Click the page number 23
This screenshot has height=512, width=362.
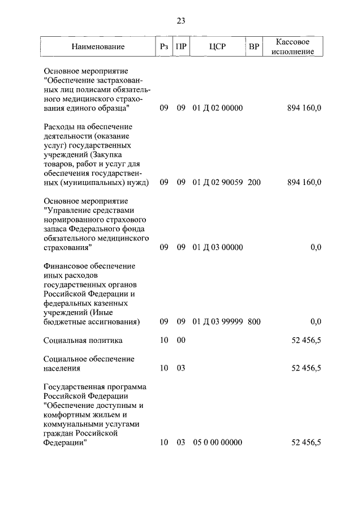tap(181, 21)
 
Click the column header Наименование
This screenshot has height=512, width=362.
tap(98, 47)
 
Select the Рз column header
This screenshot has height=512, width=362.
tap(164, 47)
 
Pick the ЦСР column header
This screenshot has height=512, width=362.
tap(217, 47)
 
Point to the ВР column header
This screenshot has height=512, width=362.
tap(254, 47)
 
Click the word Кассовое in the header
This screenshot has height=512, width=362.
tap(292, 42)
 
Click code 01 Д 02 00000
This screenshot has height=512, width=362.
tap(218, 107)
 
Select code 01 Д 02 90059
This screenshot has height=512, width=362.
tap(218, 182)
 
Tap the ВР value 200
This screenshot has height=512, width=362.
tap(254, 182)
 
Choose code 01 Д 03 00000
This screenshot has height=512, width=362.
tap(218, 247)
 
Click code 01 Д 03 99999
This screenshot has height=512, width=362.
tap(218, 322)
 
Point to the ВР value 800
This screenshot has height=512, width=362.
tap(254, 322)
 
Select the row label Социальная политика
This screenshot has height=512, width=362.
tap(83, 341)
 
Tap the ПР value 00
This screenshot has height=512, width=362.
tap(181, 341)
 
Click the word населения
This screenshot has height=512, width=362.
tap(62, 368)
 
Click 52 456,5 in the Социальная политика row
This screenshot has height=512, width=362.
tap(306, 341)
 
